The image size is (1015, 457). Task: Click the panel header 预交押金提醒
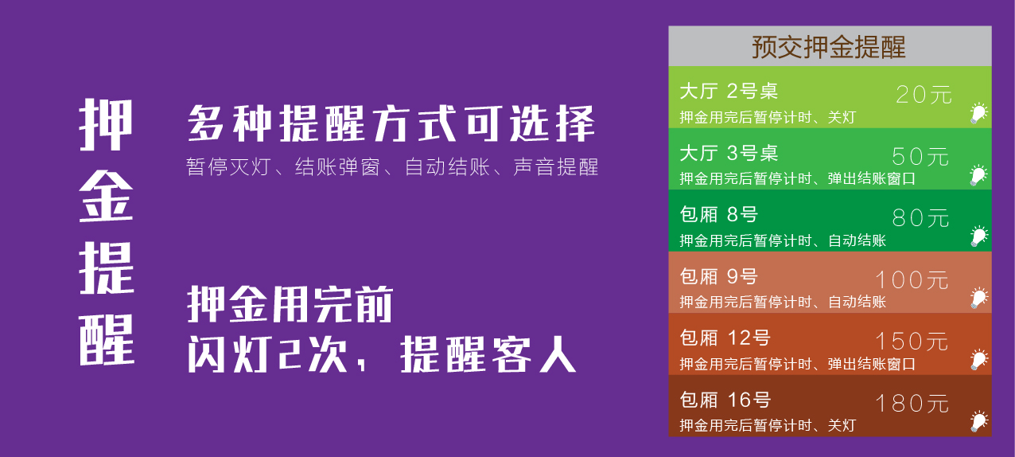coord(829,47)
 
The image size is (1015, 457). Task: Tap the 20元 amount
coord(924,95)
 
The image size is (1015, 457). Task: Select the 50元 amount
coord(920,157)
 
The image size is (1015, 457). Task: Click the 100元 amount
coord(912,279)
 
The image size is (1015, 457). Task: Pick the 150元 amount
coord(912,342)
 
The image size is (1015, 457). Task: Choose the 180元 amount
coord(912,403)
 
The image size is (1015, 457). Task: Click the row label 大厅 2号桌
coord(729,91)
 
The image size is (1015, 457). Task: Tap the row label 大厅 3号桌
coord(729,153)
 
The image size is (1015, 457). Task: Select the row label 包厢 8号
coord(718,214)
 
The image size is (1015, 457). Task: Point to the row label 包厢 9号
coord(718,276)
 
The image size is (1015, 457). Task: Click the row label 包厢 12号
coord(725,338)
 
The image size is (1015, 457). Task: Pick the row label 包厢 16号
coord(725,400)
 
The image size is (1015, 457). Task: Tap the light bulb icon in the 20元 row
coord(978,113)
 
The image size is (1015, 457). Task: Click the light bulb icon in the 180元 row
coord(978,421)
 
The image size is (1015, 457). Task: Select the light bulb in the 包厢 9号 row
coord(978,298)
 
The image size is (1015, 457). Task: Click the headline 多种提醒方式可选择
coord(391,123)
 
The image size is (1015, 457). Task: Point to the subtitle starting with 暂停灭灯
coord(392,167)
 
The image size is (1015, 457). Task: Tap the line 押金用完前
coord(290,304)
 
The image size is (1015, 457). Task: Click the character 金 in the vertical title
coord(106,197)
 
